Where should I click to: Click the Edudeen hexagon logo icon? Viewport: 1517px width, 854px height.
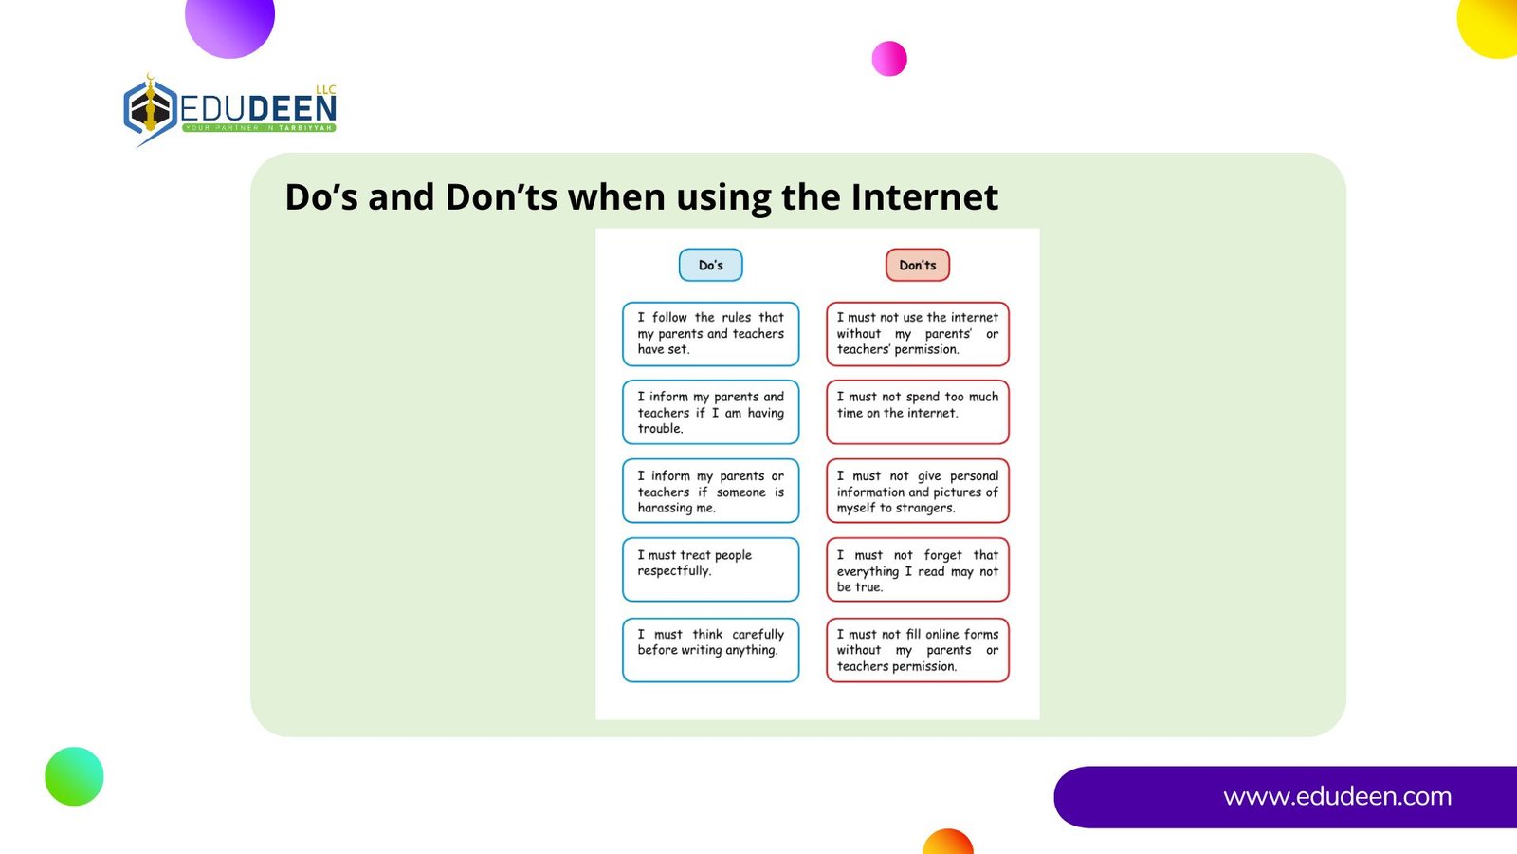click(x=151, y=110)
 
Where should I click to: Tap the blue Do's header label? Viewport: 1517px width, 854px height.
click(x=710, y=265)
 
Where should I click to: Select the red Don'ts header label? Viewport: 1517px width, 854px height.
click(x=918, y=265)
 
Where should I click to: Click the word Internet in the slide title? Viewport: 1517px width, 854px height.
click(x=924, y=197)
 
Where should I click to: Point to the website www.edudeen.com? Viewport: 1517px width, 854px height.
click(x=1338, y=796)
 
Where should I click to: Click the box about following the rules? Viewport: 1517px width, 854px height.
click(x=710, y=334)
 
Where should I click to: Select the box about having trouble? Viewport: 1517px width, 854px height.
click(x=710, y=412)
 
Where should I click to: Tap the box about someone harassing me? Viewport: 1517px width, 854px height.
click(x=710, y=492)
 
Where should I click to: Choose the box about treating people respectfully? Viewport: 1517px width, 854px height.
click(x=710, y=569)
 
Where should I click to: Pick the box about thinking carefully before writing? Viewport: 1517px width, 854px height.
click(x=710, y=650)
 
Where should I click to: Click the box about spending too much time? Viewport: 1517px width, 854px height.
click(x=918, y=412)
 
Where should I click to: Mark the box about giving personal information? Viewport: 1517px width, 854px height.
click(x=918, y=492)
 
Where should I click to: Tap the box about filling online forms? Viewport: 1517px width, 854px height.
click(x=918, y=650)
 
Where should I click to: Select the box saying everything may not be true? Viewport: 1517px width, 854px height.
click(x=918, y=569)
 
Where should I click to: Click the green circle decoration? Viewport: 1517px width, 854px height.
click(x=75, y=777)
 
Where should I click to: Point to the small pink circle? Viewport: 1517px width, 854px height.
click(x=889, y=58)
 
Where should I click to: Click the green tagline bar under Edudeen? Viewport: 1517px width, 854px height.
click(x=259, y=127)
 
